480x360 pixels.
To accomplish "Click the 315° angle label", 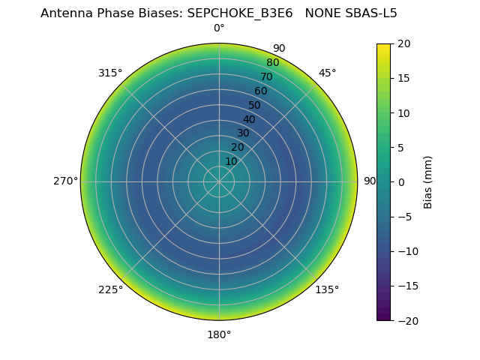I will click(110, 73).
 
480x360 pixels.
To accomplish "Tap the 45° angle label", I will click(327, 73).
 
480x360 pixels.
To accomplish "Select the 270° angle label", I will click(66, 181).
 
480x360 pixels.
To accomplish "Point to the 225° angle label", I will click(110, 289).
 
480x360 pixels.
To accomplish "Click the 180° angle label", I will click(219, 334).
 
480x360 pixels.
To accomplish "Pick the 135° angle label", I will click(327, 289).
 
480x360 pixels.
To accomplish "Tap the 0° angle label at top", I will click(219, 28).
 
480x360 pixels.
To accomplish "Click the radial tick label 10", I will click(232, 161).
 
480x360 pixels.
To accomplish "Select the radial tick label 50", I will click(255, 105).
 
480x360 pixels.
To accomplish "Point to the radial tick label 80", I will click(273, 62).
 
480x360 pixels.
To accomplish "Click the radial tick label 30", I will click(244, 133).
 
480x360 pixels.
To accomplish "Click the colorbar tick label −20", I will click(406, 320).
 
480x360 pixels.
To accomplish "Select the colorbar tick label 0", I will click(400, 181).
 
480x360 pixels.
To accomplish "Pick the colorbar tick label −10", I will click(406, 251).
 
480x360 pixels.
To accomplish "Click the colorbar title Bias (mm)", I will click(428, 181).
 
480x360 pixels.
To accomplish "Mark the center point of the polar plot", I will click(219, 181).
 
